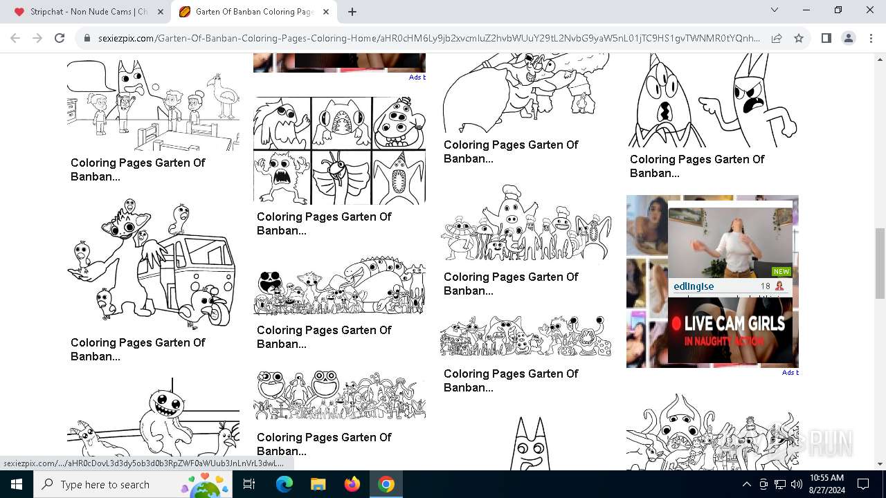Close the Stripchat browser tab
tap(161, 12)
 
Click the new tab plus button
tap(352, 12)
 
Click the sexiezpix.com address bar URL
tap(429, 39)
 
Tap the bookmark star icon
tap(799, 39)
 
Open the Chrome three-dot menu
tap(870, 39)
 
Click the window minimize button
tap(806, 10)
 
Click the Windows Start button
tap(17, 484)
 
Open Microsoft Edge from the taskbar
tap(284, 484)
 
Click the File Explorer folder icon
tap(318, 484)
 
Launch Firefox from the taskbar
tap(352, 484)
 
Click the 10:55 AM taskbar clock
tap(826, 484)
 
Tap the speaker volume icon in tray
tap(796, 484)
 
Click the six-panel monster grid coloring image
tap(339, 150)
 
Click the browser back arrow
tap(15, 39)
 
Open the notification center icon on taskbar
tap(863, 484)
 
